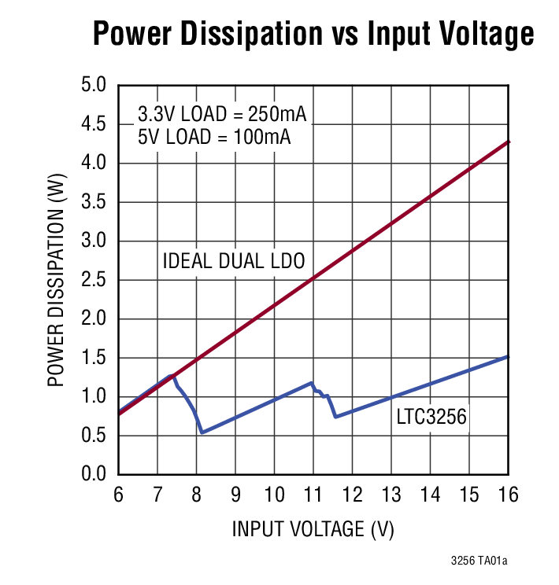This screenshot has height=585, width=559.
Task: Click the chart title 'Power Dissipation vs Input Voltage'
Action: pyautogui.click(x=313, y=35)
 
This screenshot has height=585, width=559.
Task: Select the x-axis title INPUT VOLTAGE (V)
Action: pyautogui.click(x=313, y=529)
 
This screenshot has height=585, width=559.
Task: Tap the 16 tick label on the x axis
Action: pyautogui.click(x=508, y=495)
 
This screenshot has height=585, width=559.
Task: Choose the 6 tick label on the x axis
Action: pyautogui.click(x=118, y=495)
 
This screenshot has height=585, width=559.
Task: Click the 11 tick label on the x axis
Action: pyautogui.click(x=313, y=495)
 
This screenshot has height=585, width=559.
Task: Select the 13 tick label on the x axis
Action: pyautogui.click(x=391, y=495)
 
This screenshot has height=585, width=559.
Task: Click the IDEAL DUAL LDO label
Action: pyautogui.click(x=233, y=261)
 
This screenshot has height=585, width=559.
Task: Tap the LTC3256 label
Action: pyautogui.click(x=431, y=418)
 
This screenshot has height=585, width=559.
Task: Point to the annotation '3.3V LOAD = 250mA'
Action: pyautogui.click(x=222, y=114)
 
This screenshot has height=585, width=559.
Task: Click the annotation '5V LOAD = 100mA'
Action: pyautogui.click(x=214, y=138)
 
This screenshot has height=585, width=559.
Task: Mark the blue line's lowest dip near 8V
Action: pyautogui.click(x=202, y=432)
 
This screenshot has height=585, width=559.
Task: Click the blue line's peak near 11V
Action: pyautogui.click(x=312, y=383)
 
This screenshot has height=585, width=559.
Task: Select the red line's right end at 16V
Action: pyautogui.click(x=509, y=142)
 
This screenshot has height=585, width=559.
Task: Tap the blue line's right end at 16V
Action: pyautogui.click(x=509, y=356)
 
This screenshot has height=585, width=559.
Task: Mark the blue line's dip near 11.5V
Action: pyautogui.click(x=335, y=417)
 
